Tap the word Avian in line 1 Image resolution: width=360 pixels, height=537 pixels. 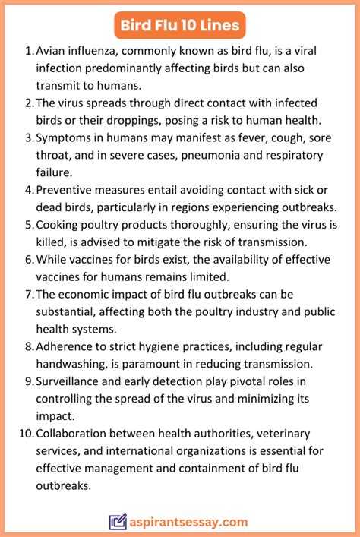52,51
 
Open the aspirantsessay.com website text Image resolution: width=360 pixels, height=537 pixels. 189,522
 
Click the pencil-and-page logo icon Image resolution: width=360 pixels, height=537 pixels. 118,522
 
